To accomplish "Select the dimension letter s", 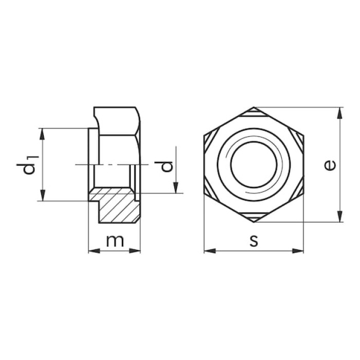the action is pos(254,241).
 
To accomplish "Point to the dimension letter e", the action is pos(330,165).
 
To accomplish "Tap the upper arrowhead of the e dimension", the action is pos(340,113).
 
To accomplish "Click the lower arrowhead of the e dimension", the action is pos(340,217).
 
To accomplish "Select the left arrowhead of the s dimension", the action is pos(210,251).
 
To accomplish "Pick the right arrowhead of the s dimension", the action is pos(298,251).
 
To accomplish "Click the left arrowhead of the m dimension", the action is pos(94,251).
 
